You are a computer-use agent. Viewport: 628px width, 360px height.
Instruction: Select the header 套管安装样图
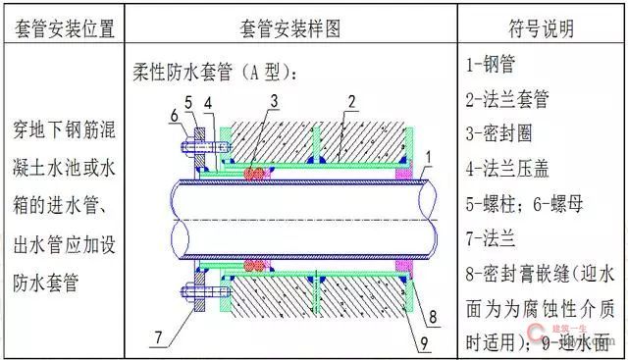click(x=289, y=27)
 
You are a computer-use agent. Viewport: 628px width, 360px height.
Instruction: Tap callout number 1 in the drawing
click(x=427, y=156)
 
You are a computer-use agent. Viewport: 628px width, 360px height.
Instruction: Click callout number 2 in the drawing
click(x=350, y=101)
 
